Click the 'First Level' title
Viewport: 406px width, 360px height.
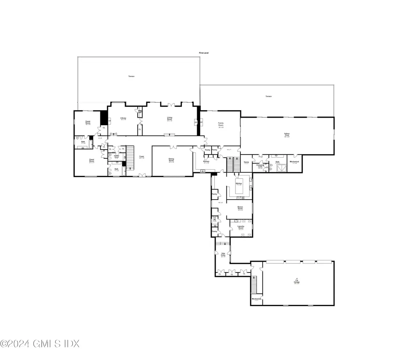204,53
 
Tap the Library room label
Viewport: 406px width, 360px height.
123,119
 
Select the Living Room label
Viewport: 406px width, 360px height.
170,118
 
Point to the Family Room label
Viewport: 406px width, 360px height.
221,125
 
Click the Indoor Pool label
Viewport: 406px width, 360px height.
287,135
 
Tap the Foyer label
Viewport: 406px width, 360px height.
142,157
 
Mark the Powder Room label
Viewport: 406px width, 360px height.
117,157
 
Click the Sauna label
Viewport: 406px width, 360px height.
246,162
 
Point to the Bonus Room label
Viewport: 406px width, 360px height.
240,208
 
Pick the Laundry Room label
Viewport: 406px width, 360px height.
241,228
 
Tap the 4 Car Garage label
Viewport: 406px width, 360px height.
297,281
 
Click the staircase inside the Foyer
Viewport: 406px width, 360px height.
130,155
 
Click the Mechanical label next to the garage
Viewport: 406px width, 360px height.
256,299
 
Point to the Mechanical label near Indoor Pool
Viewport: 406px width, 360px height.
294,162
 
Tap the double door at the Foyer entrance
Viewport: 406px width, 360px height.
142,175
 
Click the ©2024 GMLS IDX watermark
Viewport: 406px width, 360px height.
40,343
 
